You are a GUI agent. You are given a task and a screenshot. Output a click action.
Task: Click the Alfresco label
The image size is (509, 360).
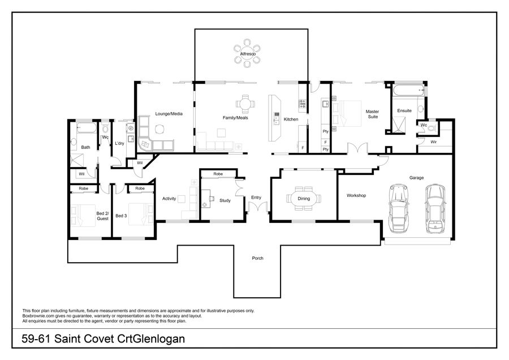[x=248, y=54]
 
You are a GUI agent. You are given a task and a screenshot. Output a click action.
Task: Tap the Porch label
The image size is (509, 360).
[x=258, y=258]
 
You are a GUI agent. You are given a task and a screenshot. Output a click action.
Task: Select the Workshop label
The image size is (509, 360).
[x=356, y=196]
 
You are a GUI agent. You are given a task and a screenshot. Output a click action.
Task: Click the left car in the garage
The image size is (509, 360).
[x=398, y=208]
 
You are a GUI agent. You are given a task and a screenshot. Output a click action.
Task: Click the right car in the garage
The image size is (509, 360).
[x=435, y=209]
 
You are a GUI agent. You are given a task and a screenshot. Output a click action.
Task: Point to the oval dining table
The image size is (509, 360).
[x=304, y=198]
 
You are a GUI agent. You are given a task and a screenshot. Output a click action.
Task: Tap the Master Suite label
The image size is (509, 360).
[x=372, y=114]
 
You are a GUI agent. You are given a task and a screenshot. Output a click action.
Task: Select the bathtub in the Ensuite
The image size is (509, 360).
[x=408, y=90]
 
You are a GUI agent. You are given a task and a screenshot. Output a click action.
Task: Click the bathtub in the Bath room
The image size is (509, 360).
[x=87, y=128]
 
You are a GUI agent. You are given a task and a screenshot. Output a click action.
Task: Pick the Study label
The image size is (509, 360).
[x=225, y=200]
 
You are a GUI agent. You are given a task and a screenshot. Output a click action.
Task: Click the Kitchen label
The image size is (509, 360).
[x=291, y=119]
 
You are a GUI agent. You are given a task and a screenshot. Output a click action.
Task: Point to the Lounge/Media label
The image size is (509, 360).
[x=169, y=114]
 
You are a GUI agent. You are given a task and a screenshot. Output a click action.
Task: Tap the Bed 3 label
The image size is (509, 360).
[x=121, y=216]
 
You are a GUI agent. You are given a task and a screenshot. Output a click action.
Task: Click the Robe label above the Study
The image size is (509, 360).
[x=218, y=174]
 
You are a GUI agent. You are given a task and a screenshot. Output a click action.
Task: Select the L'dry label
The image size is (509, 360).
[x=119, y=143]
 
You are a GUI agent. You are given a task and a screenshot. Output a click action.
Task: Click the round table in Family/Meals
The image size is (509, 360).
[x=245, y=104]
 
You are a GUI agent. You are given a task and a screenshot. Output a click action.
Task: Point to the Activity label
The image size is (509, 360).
[x=169, y=199]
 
